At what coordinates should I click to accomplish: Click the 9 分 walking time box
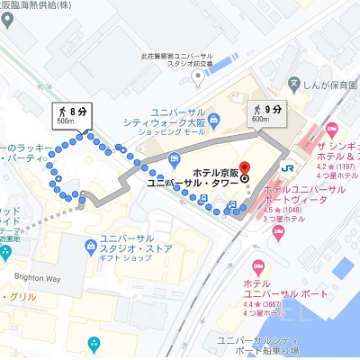[267, 114]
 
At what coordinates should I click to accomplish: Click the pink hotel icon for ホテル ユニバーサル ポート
[260, 267]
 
